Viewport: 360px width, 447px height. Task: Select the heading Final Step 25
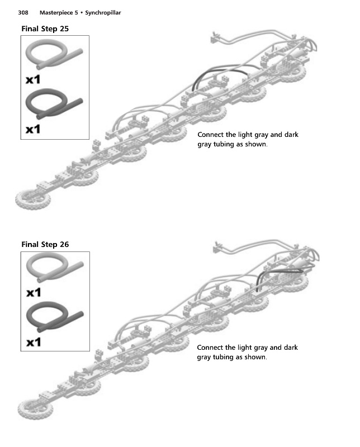[x=45, y=28]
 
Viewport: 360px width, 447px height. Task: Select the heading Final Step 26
[x=45, y=244]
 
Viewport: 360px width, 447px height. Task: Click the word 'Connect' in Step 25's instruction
[x=210, y=135]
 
